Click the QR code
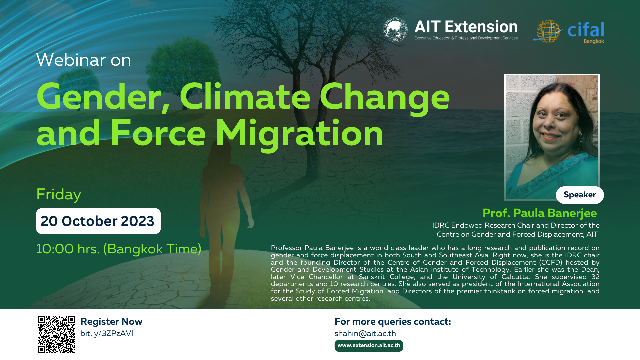57,334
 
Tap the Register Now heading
111,321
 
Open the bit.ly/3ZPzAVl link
107,333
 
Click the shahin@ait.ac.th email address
365,333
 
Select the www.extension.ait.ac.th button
369,345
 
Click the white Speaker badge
580,195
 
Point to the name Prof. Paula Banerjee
539,213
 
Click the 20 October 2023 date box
98,221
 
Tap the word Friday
59,194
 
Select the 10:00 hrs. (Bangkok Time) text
118,249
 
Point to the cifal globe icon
547,31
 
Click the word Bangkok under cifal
593,41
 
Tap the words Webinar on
84,60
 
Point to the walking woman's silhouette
223,213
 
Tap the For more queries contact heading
392,321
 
